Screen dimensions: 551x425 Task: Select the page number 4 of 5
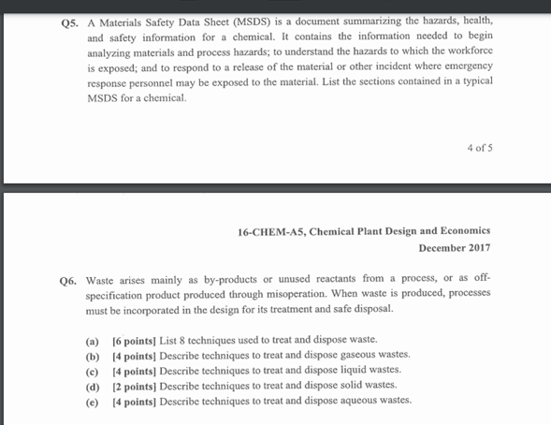[479, 148]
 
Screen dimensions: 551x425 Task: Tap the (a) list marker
[93, 339]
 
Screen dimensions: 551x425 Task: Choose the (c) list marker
[93, 370]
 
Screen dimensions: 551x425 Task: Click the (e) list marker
[93, 401]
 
